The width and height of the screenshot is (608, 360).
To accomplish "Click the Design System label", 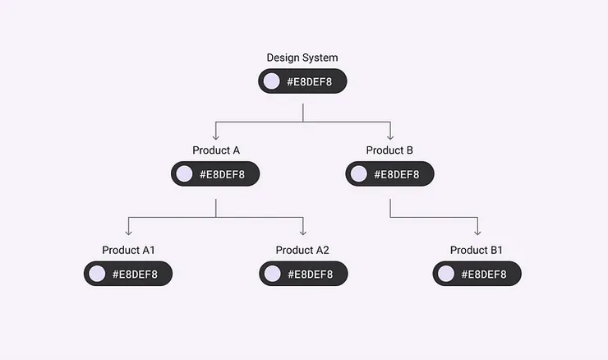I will (302, 58).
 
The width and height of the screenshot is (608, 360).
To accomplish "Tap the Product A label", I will (216, 150).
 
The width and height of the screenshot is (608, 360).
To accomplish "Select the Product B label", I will (389, 150).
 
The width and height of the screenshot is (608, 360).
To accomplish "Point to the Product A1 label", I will (128, 250).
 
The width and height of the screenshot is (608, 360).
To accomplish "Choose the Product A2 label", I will (302, 250).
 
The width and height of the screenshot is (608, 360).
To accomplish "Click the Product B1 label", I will (477, 250).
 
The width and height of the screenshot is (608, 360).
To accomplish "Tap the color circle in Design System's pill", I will (272, 81).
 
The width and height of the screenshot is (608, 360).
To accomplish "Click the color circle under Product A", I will (185, 173).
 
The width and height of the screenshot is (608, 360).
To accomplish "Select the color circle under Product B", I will (359, 173).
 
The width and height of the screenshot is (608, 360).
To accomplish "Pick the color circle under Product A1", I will (98, 274).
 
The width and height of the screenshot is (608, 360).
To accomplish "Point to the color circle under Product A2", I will (272, 274).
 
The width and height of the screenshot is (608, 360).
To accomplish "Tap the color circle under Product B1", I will (446, 274).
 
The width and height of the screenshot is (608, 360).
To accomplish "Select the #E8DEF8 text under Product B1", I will (486, 274).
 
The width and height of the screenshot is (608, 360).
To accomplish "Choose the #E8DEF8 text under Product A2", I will (312, 274).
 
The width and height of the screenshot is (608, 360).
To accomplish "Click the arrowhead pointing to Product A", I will (216, 136).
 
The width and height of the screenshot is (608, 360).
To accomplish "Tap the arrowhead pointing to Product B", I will (389, 136).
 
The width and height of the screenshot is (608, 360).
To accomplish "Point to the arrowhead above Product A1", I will (128, 233).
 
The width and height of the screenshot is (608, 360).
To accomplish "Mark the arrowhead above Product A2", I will (302, 233).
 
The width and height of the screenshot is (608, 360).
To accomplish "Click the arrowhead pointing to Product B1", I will (477, 233).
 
